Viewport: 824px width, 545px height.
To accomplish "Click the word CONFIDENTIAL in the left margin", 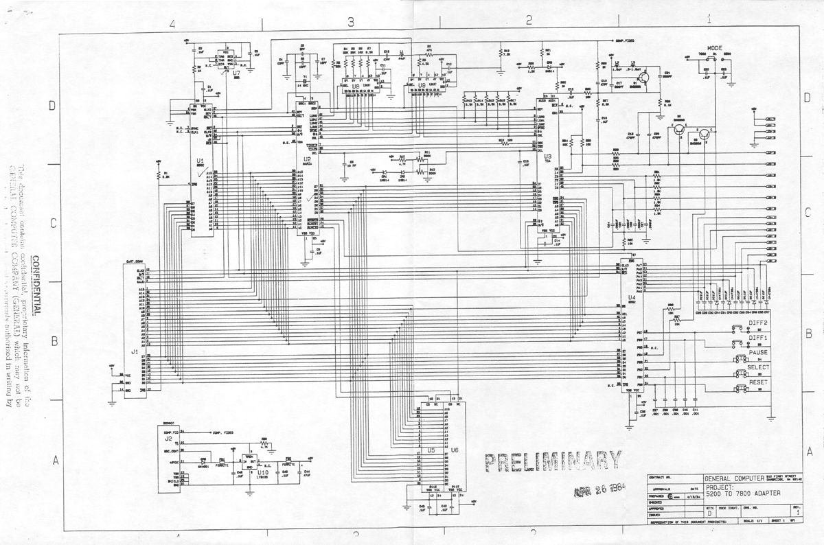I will pyautogui.click(x=36, y=287).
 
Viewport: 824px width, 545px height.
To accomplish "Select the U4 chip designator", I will pyautogui.click(x=631, y=297).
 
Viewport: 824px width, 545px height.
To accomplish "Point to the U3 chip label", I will pyautogui.click(x=547, y=156).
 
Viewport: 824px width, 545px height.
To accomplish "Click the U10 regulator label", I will pyautogui.click(x=262, y=472).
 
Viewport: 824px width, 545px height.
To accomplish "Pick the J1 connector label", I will pyautogui.click(x=135, y=351).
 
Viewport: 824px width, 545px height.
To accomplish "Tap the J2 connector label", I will pyautogui.click(x=167, y=437).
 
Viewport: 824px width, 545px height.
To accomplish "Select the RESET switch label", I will pyautogui.click(x=758, y=382).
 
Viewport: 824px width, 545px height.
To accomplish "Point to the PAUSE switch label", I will pyautogui.click(x=758, y=352).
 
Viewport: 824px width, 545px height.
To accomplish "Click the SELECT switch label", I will pyautogui.click(x=758, y=367).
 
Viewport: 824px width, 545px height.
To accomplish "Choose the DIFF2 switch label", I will pyautogui.click(x=758, y=322).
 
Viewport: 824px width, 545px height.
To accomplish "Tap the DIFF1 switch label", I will pyautogui.click(x=758, y=338).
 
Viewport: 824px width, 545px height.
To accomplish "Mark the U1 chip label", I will pyautogui.click(x=201, y=161).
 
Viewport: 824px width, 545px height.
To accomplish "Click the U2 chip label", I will pyautogui.click(x=306, y=159).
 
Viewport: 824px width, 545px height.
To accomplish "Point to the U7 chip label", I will pyautogui.click(x=236, y=72).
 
